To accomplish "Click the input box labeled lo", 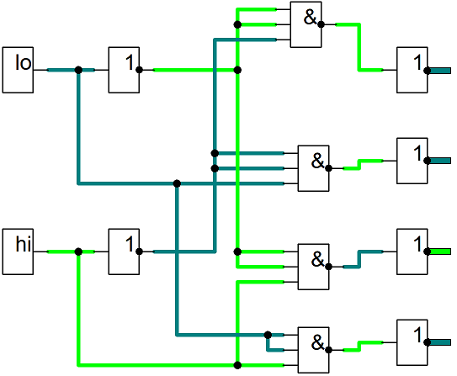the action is (18, 70).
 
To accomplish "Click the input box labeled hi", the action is (18, 252).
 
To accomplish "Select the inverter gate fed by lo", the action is (124, 70).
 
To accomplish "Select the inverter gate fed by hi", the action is (124, 252).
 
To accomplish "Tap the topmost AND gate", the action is (306, 24).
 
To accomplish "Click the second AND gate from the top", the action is (313, 168).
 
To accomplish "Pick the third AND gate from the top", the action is (313, 267).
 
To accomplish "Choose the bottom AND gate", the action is (313, 350).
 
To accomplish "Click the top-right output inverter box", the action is (412, 70).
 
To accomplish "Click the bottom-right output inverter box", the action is (412, 342).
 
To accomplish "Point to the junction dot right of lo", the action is (78, 70).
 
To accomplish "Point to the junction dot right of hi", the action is (78, 252).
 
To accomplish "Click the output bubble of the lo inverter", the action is (140, 70).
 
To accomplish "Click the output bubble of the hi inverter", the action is (140, 252).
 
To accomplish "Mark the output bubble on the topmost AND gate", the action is (321, 24).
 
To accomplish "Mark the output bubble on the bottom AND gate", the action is (329, 350).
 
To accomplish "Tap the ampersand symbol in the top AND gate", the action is (310, 18).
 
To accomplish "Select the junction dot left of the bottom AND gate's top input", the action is (268, 335).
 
